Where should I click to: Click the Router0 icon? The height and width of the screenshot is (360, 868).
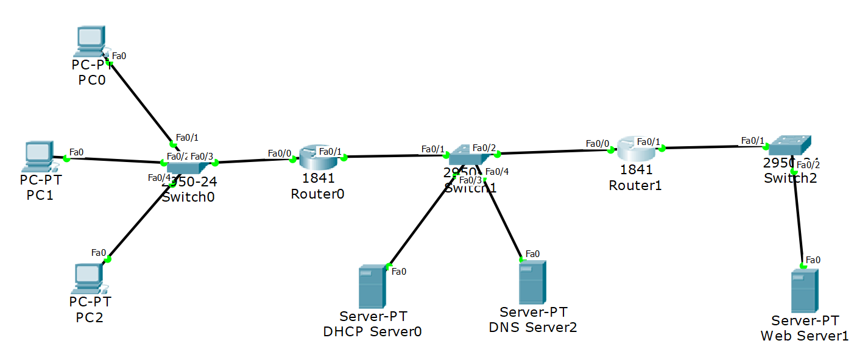tap(317, 158)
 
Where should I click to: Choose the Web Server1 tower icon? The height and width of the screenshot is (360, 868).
tap(804, 291)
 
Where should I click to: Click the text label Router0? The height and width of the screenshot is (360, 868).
tap(318, 194)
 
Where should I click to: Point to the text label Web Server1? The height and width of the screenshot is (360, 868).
tap(804, 336)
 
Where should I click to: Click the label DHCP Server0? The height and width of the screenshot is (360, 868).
tap(373, 331)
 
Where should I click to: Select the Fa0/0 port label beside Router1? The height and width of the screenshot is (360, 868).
tap(597, 144)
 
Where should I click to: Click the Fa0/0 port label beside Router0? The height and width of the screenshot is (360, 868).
tap(280, 153)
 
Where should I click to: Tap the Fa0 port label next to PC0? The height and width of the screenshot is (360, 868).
tap(119, 56)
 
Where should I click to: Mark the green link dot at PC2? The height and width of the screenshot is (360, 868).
tap(108, 259)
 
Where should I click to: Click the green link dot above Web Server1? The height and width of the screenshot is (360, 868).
tap(803, 266)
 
